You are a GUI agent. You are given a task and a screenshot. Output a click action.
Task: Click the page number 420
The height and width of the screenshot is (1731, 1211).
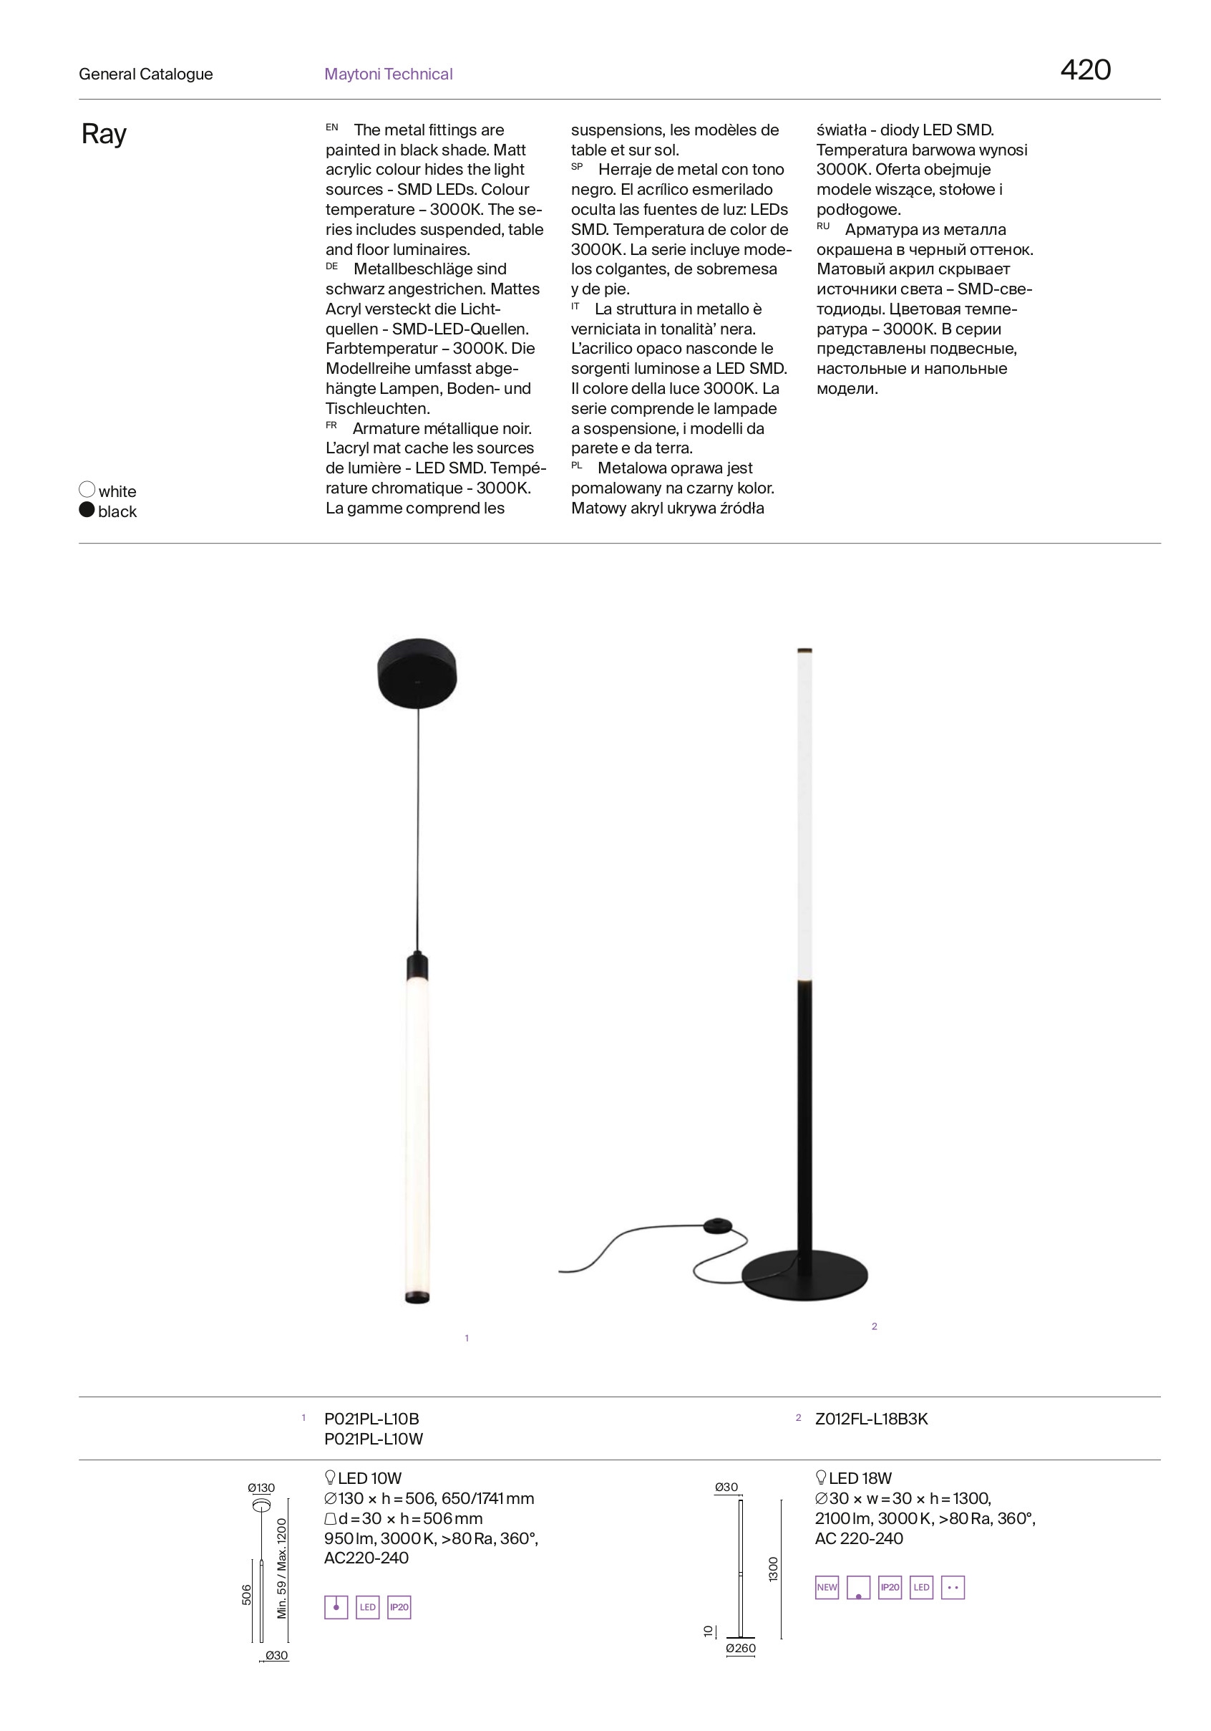(x=1084, y=69)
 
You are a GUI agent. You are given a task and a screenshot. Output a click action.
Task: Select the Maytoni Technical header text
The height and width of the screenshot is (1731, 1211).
(x=388, y=74)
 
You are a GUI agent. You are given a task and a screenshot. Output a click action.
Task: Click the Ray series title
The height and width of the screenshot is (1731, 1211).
(x=104, y=134)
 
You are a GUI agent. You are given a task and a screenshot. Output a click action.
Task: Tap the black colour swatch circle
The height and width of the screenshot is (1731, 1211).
(x=87, y=511)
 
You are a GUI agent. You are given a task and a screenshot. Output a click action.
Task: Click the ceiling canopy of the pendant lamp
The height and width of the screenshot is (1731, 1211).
(x=417, y=672)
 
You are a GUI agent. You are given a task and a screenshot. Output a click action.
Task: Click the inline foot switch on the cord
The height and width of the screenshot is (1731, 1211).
(x=716, y=1225)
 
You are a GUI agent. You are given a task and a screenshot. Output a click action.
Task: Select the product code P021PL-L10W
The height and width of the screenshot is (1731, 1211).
(x=374, y=1439)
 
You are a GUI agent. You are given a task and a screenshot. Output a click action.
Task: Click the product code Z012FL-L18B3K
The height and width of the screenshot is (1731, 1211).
(x=871, y=1419)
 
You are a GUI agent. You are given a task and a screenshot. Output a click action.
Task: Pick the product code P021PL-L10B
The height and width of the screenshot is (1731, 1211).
(x=371, y=1419)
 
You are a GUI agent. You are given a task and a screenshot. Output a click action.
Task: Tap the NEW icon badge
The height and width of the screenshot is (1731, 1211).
(x=827, y=1587)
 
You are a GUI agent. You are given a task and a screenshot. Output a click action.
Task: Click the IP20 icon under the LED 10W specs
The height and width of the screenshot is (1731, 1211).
(x=399, y=1607)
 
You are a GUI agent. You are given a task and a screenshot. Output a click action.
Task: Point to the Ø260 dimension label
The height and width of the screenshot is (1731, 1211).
(x=740, y=1648)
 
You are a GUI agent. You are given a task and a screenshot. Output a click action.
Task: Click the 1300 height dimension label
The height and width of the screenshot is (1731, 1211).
(x=772, y=1569)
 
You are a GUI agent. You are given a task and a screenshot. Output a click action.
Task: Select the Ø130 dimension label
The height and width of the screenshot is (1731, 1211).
(x=261, y=1487)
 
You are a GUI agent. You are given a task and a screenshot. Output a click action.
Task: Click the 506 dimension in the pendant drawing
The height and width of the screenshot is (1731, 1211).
(x=246, y=1593)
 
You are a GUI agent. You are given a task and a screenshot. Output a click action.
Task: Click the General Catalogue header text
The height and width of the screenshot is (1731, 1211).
(x=145, y=74)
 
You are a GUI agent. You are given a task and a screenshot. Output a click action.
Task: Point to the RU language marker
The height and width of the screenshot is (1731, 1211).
(x=823, y=226)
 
